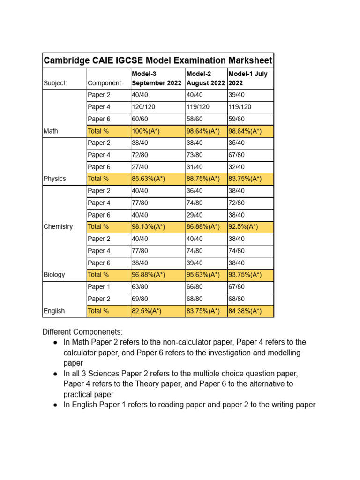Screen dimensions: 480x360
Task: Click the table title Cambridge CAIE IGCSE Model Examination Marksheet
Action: pos(157,60)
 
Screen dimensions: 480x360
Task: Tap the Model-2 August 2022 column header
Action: pos(205,79)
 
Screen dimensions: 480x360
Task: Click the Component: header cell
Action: pos(105,83)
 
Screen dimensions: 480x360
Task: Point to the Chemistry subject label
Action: pos(58,227)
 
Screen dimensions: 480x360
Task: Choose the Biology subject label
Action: pos(54,275)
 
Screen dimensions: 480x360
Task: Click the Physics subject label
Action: pos(55,179)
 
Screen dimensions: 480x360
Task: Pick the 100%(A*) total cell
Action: pos(147,131)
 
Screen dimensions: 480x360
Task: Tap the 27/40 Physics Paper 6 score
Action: pos(141,167)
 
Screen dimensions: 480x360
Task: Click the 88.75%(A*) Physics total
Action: pos(203,179)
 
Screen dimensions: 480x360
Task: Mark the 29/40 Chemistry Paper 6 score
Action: pos(195,215)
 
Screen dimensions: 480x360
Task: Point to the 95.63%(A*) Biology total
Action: pos(203,275)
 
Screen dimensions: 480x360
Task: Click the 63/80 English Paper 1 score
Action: pos(141,287)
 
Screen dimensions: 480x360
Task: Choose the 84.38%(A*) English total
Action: pos(245,311)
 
